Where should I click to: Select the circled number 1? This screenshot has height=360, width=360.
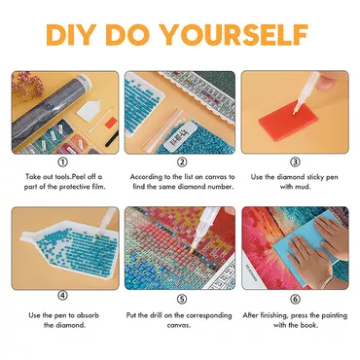[62, 162]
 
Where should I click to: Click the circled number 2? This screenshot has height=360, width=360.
[182, 162]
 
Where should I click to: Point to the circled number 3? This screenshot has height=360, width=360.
[295, 162]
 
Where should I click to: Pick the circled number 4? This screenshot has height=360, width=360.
[62, 296]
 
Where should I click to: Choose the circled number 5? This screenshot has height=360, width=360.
[182, 299]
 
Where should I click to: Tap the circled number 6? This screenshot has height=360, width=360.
[295, 299]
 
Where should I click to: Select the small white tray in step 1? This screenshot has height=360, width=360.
[88, 109]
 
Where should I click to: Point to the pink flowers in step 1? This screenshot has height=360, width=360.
[26, 85]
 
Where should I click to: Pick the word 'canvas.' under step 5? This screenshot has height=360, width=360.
[179, 325]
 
